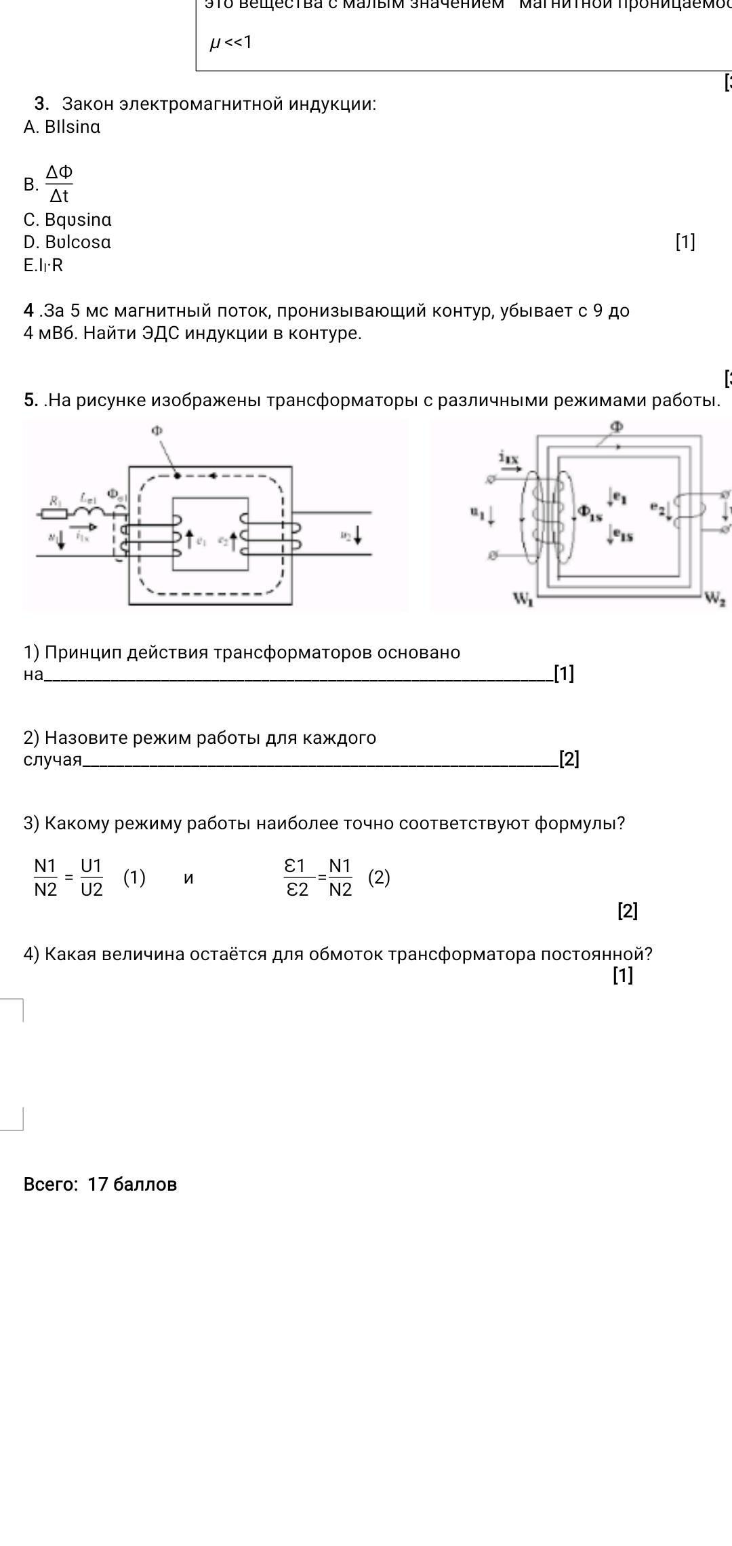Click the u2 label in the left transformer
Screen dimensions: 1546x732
tap(346, 535)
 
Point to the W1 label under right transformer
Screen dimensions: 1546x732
tap(523, 599)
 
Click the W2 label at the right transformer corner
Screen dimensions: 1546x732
tap(715, 597)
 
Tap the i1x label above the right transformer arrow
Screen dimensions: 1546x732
tap(508, 459)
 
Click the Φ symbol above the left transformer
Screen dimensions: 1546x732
tap(157, 430)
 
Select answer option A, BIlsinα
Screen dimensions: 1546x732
tap(62, 127)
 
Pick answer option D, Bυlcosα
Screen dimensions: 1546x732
tap(67, 242)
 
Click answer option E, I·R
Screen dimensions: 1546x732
tap(43, 265)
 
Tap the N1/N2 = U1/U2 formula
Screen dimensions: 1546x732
tap(68, 877)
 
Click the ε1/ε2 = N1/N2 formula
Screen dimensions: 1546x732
tap(318, 877)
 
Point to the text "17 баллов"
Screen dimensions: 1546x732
tap(132, 1184)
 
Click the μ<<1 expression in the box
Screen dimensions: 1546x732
tap(230, 43)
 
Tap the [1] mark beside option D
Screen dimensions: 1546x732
tap(685, 242)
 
